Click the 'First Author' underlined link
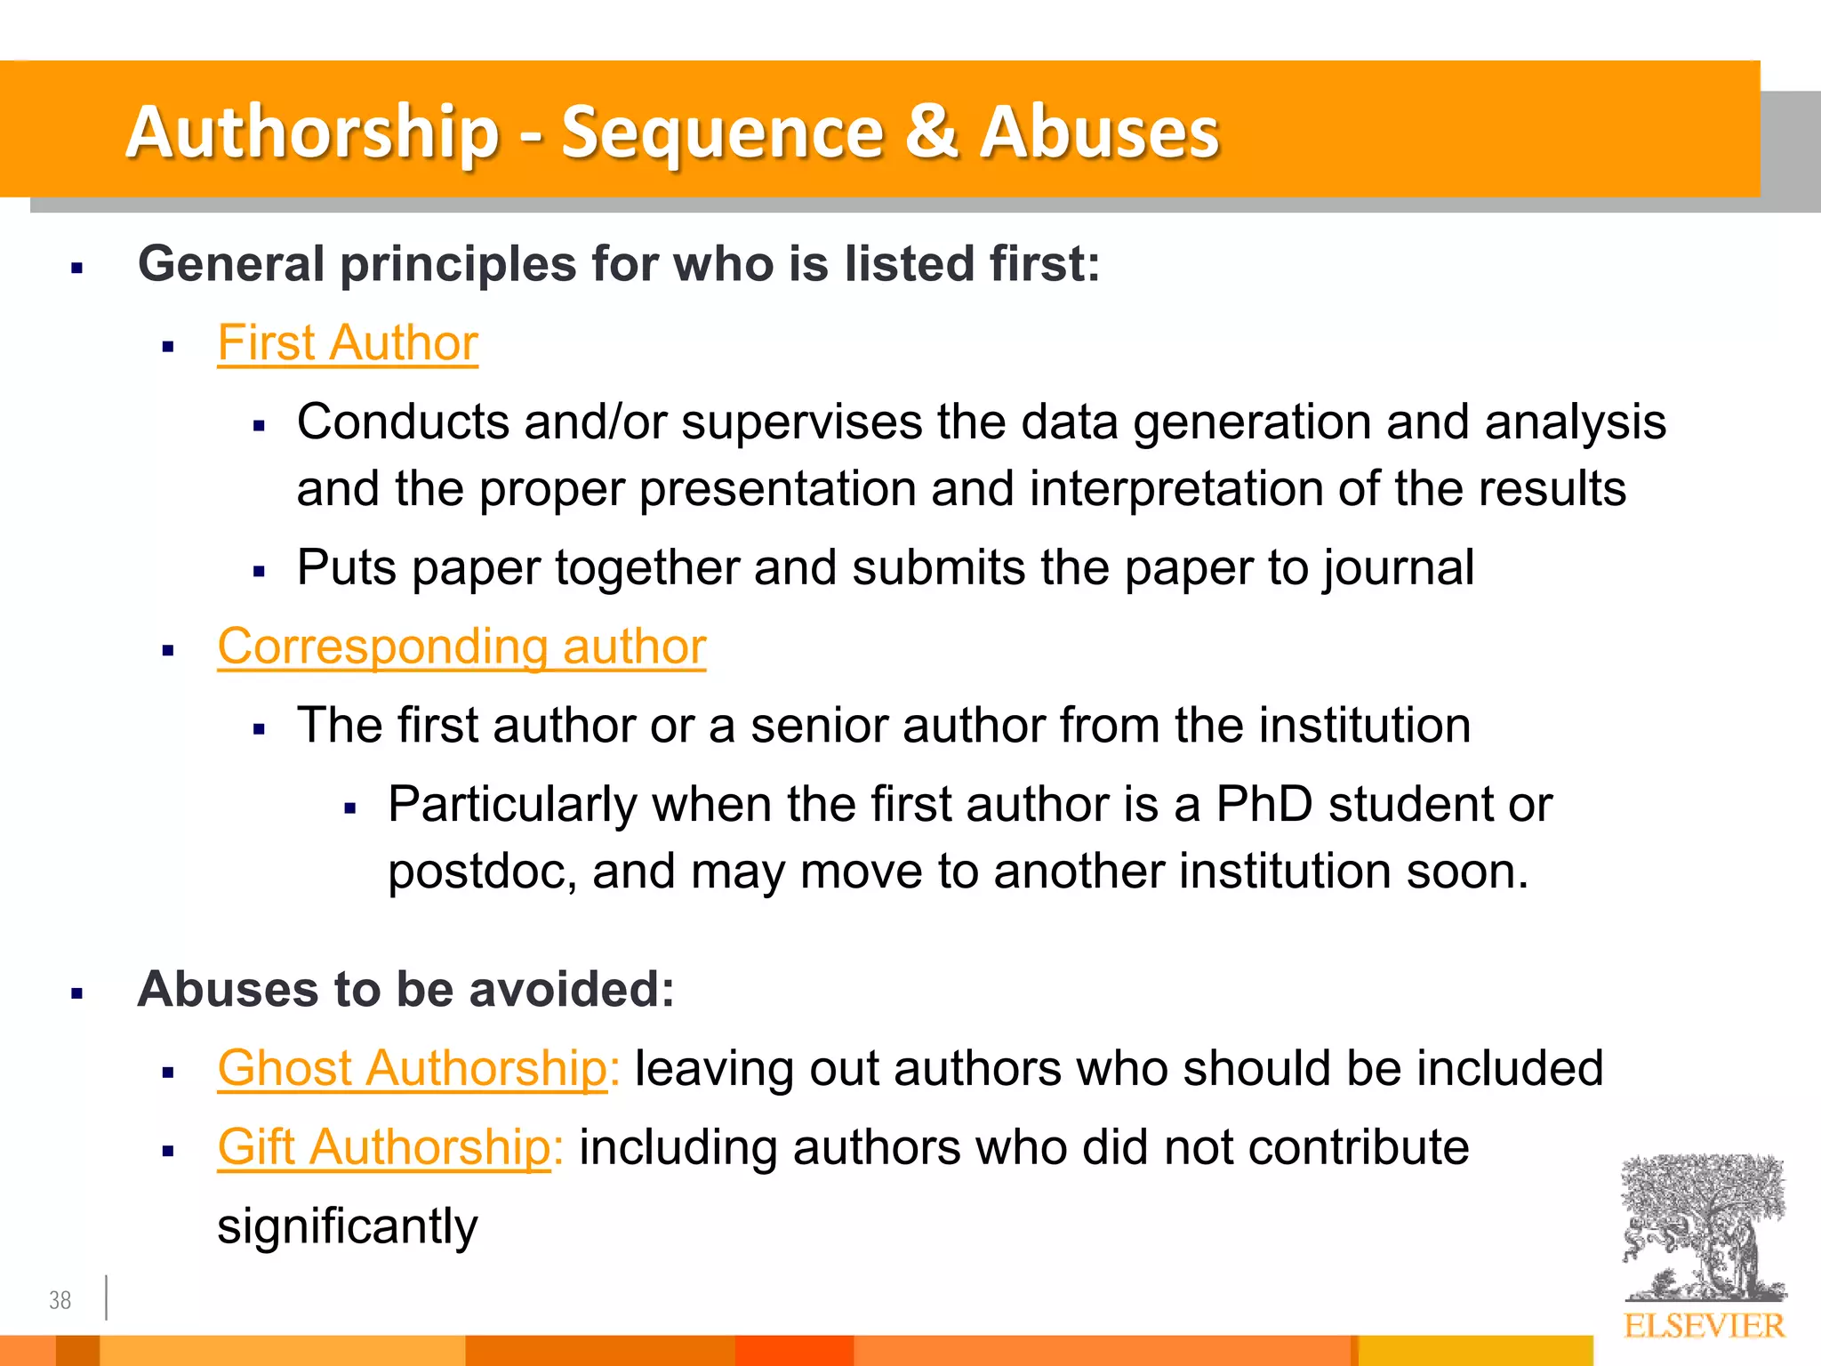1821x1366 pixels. coord(348,343)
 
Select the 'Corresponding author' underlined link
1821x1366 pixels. coord(461,647)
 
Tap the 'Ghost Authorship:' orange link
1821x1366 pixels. coord(418,1068)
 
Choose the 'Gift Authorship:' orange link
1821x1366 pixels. coord(389,1147)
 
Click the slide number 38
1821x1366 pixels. coord(60,1300)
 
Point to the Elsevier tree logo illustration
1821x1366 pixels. coord(1703,1227)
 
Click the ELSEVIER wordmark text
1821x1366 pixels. coord(1704,1326)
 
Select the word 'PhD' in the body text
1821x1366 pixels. coord(1263,805)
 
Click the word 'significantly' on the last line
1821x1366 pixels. coord(348,1227)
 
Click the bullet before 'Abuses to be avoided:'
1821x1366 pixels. coord(77,992)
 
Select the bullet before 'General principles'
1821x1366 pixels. coord(77,267)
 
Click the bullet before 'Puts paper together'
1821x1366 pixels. coord(260,571)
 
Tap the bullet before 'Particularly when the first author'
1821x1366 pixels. coord(350,808)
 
